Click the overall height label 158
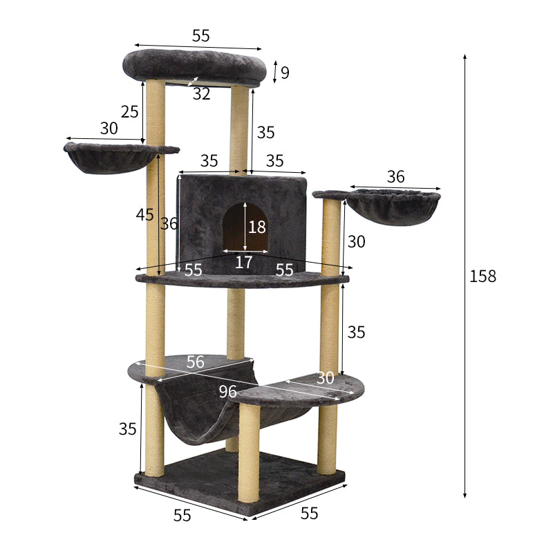(x=482, y=276)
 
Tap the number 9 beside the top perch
(x=285, y=72)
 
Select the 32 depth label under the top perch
(x=201, y=94)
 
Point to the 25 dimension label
(x=129, y=111)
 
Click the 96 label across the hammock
(x=228, y=391)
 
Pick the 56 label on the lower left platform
(x=196, y=362)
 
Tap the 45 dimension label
(x=144, y=215)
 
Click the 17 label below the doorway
(x=243, y=262)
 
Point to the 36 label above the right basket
(x=395, y=177)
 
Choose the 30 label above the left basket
(x=109, y=129)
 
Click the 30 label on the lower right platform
(x=325, y=377)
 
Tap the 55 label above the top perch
(x=200, y=36)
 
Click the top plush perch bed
(x=194, y=66)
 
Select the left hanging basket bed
(x=111, y=158)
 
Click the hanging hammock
(x=200, y=415)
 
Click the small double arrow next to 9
(x=276, y=72)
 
